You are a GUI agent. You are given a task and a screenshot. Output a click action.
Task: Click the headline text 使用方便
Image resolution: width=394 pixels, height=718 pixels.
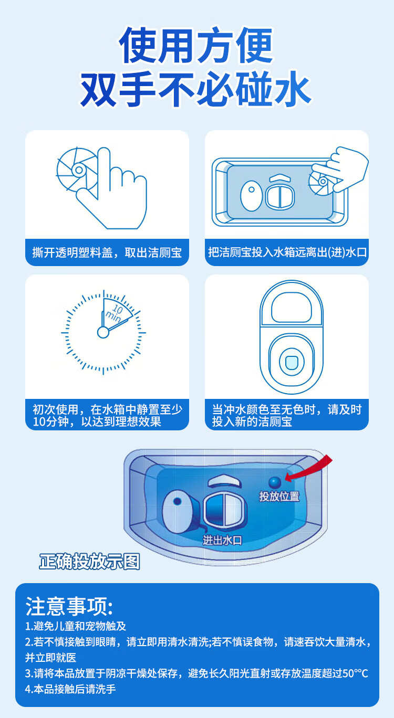click(196, 46)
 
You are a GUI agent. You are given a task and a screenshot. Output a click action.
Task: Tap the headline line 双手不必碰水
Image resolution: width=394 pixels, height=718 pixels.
click(196, 90)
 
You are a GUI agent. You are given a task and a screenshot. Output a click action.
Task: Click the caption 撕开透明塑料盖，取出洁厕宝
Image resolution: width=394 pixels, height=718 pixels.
click(107, 253)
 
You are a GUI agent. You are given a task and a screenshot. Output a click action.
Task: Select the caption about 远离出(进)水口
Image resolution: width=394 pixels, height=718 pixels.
click(287, 253)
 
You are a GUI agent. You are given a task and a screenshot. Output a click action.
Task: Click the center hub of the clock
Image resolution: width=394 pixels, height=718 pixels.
click(103, 332)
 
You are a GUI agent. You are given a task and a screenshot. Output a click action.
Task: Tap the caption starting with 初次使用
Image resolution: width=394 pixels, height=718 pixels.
click(107, 415)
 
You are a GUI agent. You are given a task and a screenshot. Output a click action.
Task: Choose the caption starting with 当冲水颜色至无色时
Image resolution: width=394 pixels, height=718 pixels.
click(287, 415)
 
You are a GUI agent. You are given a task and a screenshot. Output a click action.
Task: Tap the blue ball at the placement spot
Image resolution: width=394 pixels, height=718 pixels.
click(275, 482)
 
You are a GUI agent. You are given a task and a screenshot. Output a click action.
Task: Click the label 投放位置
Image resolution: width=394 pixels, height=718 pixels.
click(279, 496)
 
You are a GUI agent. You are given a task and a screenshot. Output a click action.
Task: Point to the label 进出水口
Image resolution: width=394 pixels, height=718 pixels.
click(222, 540)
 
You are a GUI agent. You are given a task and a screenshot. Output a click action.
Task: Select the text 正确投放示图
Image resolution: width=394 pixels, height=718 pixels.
click(90, 561)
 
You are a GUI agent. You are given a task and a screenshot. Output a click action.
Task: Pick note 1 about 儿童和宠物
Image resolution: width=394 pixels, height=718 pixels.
click(76, 626)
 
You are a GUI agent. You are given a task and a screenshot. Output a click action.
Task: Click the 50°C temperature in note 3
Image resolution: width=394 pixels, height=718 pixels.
click(355, 673)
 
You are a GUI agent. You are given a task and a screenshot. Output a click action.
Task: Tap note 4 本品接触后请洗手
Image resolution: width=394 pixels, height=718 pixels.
click(70, 689)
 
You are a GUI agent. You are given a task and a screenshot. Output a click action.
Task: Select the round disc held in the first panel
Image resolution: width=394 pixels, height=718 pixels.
click(77, 170)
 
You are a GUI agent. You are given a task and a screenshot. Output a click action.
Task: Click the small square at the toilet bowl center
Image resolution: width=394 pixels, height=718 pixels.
click(287, 361)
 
